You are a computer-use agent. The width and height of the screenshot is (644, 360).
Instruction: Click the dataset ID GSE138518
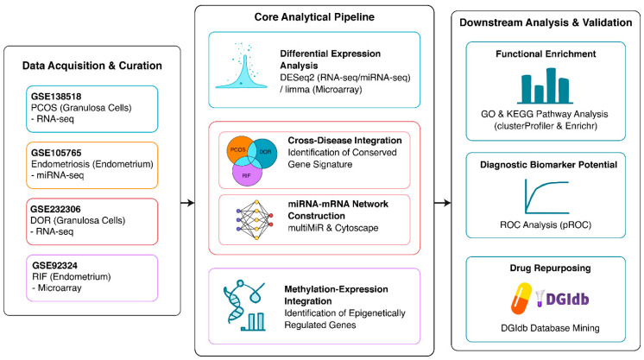pyautogui.click(x=56, y=97)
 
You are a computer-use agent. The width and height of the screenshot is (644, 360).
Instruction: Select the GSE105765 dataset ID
pyautogui.click(x=56, y=153)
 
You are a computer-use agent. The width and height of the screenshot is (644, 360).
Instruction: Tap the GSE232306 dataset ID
pyautogui.click(x=56, y=209)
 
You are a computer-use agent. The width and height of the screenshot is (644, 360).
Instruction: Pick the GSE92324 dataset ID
pyautogui.click(x=54, y=266)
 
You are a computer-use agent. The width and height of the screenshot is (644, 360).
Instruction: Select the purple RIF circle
pyautogui.click(x=247, y=174)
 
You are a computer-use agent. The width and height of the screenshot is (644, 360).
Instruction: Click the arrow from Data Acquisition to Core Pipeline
pyautogui.click(x=187, y=203)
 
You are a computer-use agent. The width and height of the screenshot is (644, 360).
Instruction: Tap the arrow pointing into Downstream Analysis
pyautogui.click(x=442, y=203)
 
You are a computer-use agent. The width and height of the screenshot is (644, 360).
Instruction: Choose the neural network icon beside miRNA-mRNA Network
pyautogui.click(x=255, y=219)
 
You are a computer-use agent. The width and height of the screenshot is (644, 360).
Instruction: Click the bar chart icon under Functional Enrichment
pyautogui.click(x=545, y=85)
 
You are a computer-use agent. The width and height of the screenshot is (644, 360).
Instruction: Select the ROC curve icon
pyautogui.click(x=546, y=197)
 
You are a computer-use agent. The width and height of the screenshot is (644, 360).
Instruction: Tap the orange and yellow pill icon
pyautogui.click(x=521, y=299)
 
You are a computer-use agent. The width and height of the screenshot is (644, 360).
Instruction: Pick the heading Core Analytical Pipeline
pyautogui.click(x=314, y=17)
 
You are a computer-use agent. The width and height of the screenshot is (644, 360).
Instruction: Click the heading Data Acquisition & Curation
pyautogui.click(x=92, y=66)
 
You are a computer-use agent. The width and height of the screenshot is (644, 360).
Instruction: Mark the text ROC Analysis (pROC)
pyautogui.click(x=546, y=224)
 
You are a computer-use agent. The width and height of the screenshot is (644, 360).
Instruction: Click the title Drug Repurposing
pyautogui.click(x=551, y=268)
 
